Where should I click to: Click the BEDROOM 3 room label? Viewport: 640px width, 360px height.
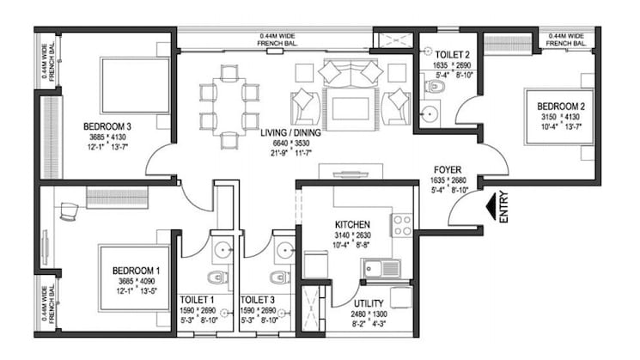(x=105, y=126)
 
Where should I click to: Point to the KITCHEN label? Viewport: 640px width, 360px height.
(x=353, y=224)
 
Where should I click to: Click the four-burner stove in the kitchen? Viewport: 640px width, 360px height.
(x=401, y=225)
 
